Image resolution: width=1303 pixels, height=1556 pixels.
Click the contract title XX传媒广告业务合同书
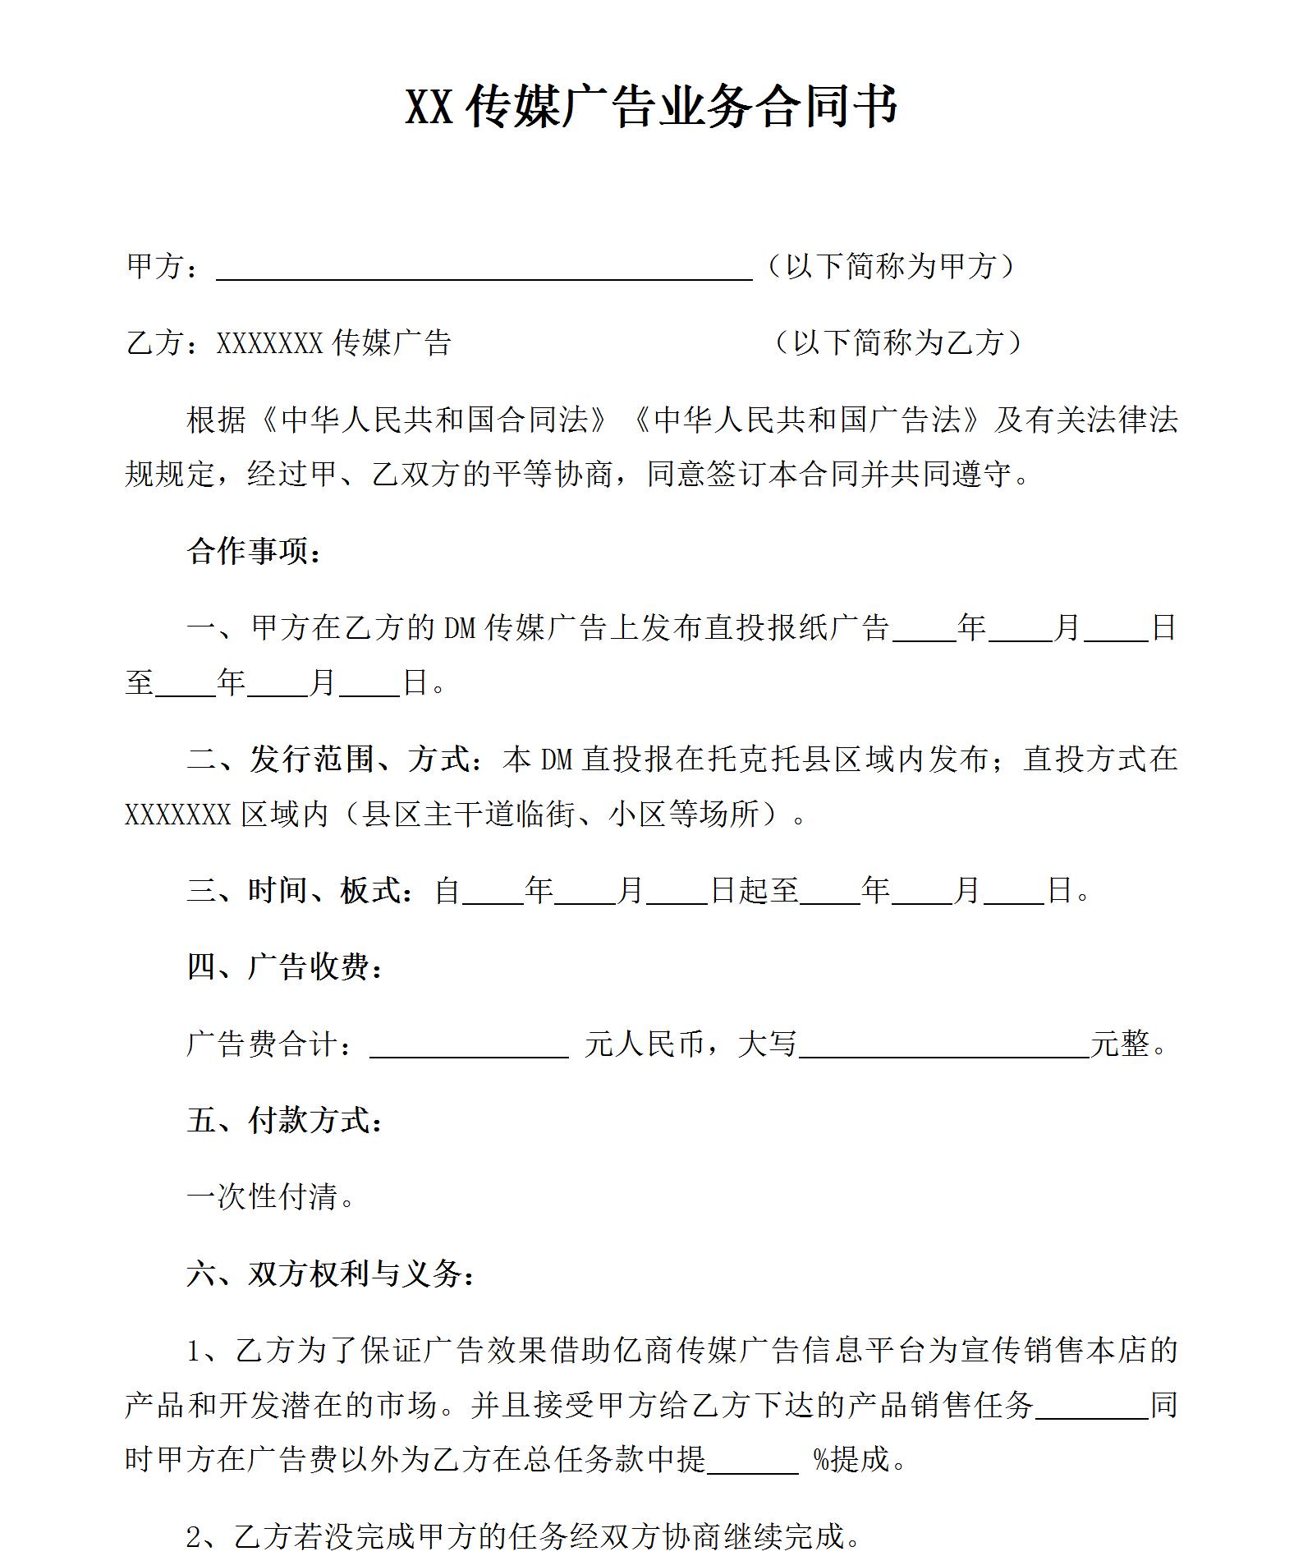click(652, 107)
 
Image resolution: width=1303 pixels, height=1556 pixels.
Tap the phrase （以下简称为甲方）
click(890, 266)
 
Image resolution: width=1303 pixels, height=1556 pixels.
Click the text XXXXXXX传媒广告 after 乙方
click(333, 342)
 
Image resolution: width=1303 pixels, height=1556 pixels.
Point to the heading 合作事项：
click(255, 551)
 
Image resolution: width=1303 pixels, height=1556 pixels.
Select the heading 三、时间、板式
click(300, 890)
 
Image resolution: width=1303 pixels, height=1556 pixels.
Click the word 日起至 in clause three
click(754, 890)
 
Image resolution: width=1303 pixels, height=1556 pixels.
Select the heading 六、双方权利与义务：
click(331, 1274)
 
